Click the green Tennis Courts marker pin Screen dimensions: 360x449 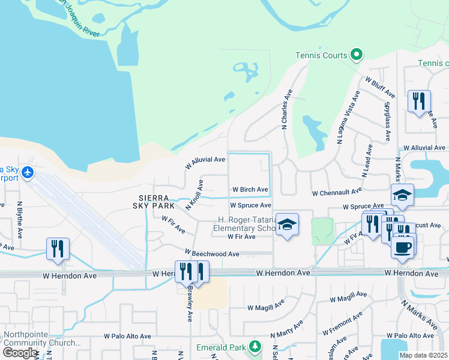click(357, 55)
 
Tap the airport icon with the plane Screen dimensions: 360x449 click(27, 173)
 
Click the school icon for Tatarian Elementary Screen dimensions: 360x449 click(288, 225)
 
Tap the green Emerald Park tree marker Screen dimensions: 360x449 click(256, 347)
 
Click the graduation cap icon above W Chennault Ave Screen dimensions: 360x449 click(402, 194)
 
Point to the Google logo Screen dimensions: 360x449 click(20, 352)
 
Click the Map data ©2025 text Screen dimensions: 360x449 click(423, 355)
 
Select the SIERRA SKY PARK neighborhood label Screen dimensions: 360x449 click(153, 200)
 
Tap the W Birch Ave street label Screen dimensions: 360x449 click(249, 190)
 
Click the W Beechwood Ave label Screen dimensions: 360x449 click(212, 254)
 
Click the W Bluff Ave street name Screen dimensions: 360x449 click(379, 87)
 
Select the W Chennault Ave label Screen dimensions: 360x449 click(337, 192)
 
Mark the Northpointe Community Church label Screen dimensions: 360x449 click(41, 339)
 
